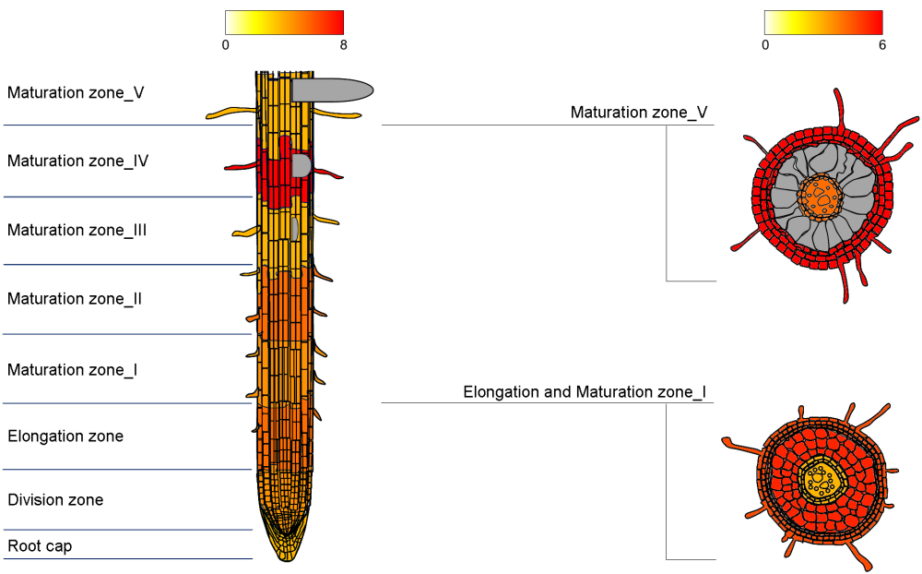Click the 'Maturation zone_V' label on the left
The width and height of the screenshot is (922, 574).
click(x=76, y=92)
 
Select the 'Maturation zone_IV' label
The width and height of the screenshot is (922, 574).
click(x=78, y=161)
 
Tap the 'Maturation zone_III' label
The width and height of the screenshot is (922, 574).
click(x=77, y=230)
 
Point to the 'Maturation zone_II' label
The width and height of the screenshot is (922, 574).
click(x=75, y=299)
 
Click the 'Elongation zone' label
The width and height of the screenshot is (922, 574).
click(x=65, y=436)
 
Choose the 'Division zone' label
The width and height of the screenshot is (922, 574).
click(x=55, y=500)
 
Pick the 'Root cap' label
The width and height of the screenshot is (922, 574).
click(x=40, y=546)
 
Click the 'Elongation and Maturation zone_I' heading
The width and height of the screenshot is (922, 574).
click(x=585, y=392)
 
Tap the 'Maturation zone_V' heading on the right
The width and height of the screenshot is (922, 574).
click(x=639, y=113)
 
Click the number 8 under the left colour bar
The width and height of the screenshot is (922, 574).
click(x=343, y=44)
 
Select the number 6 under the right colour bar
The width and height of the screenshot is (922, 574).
click(x=882, y=44)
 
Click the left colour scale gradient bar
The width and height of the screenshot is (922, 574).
click(x=284, y=22)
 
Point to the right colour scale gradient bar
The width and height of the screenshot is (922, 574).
click(x=823, y=22)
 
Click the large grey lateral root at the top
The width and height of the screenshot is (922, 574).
click(x=332, y=90)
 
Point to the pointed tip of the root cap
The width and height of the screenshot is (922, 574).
click(x=287, y=557)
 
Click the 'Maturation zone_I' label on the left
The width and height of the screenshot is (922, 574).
click(x=73, y=370)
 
